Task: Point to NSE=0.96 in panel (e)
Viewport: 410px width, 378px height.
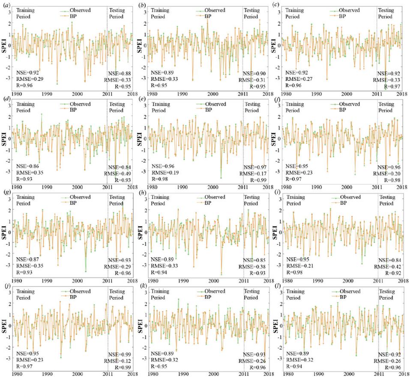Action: pyautogui.click(x=164, y=166)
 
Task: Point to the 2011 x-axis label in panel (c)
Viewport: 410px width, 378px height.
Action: pyautogui.click(x=377, y=93)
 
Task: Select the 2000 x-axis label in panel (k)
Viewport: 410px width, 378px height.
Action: pyautogui.click(x=213, y=373)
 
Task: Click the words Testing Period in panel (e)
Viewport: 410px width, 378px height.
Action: pyautogui.click(x=252, y=107)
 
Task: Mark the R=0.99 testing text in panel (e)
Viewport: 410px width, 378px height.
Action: pyautogui.click(x=255, y=180)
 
